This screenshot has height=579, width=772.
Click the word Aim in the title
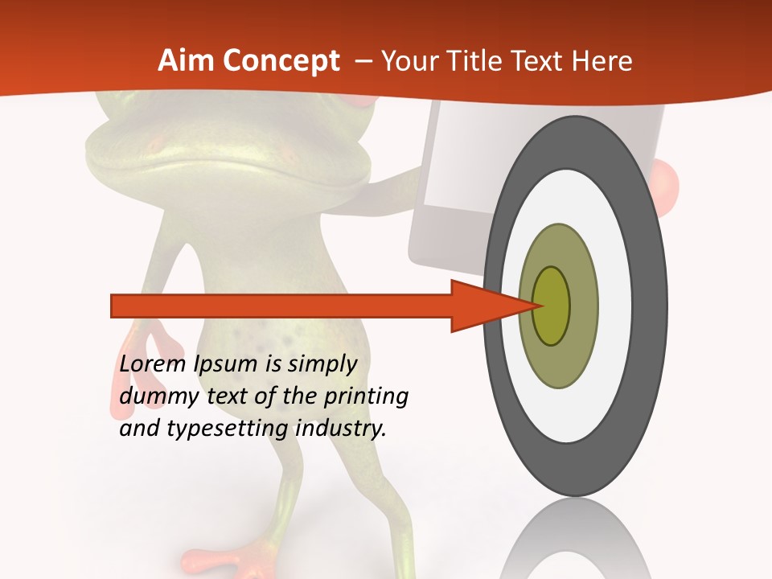tap(187, 61)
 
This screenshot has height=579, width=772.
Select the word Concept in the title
tap(281, 61)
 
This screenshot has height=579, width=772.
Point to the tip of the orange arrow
tap(540, 306)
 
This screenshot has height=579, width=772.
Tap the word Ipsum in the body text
tap(226, 364)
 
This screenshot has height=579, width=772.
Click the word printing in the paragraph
tap(366, 396)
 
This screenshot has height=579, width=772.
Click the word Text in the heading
tap(541, 61)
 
